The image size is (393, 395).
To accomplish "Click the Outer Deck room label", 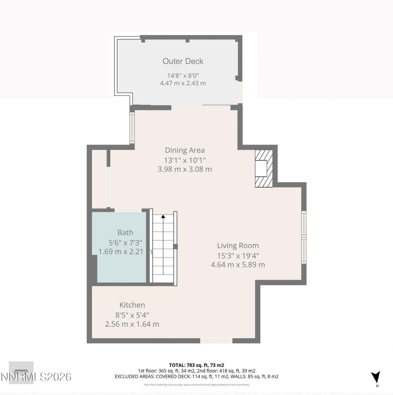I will coord(183,61).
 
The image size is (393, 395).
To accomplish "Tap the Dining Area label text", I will coord(185,150).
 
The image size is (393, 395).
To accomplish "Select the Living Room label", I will coord(238,246).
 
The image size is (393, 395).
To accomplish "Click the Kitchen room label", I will coord(132,305).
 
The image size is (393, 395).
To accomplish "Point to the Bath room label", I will coord(125,233).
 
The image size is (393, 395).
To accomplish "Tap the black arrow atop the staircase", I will coord(163,217).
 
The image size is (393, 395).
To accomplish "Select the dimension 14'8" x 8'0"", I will coord(183,75).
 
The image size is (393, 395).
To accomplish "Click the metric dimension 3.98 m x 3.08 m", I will coord(185,169).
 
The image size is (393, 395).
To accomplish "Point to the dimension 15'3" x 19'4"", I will coord(238,255).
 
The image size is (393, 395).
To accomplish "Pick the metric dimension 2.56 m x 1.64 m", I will coord(132,324).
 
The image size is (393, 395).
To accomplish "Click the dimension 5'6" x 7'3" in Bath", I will coord(125,242).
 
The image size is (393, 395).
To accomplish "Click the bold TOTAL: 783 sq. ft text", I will coord(196,365).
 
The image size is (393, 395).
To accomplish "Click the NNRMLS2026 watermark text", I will coord(36,377).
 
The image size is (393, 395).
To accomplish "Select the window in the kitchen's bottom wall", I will coord(216,340).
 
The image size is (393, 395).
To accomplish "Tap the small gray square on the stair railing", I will coord(175,246).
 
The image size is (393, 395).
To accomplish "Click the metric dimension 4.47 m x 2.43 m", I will coord(183,83).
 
